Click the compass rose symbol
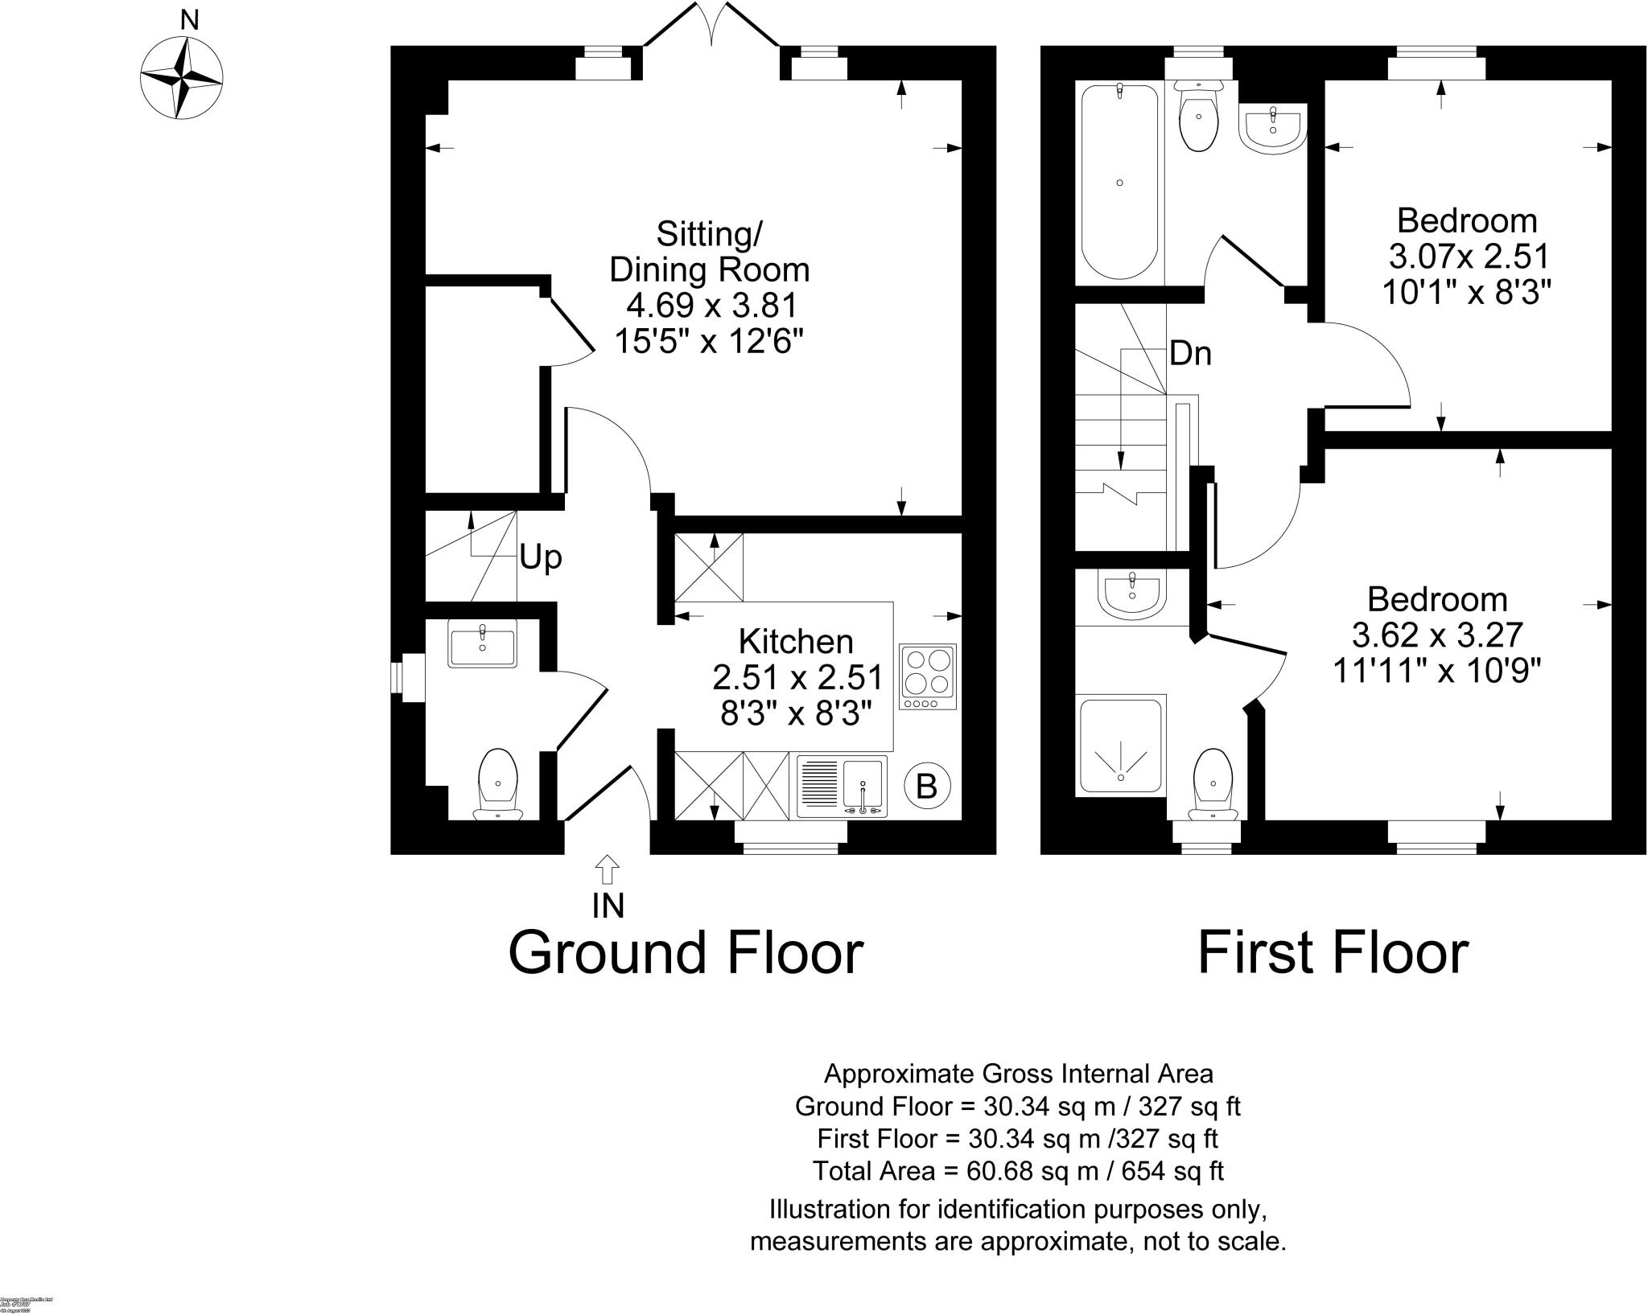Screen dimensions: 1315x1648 181,78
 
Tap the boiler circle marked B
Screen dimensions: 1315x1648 926,786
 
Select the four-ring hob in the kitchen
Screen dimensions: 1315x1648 928,676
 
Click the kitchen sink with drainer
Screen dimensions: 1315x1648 843,786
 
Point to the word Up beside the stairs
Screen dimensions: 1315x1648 540,557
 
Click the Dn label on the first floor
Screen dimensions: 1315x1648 1190,353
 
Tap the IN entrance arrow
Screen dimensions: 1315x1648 608,871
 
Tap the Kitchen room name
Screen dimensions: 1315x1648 796,642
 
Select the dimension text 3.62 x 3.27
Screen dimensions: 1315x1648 1437,635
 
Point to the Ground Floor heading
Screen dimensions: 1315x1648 686,952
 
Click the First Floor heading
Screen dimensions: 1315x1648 1333,952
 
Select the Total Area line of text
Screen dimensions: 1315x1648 1018,1170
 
